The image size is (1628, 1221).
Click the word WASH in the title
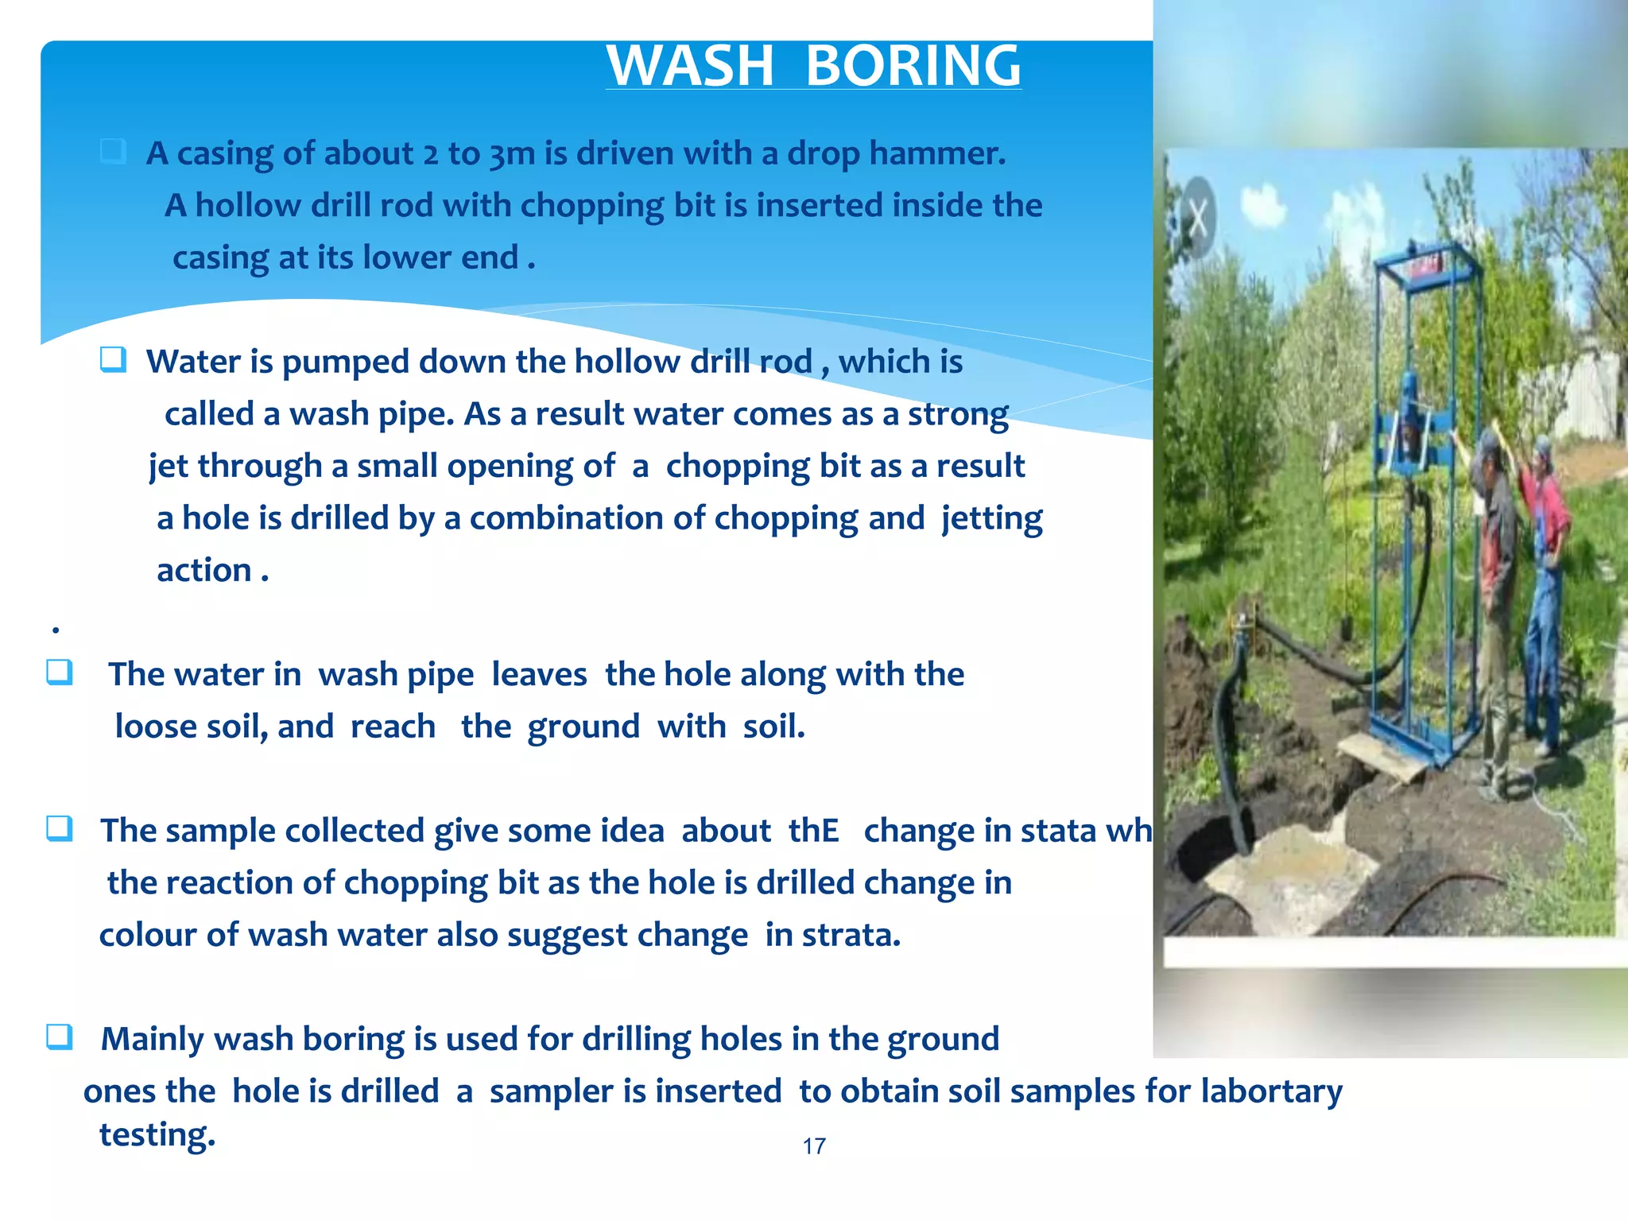689,65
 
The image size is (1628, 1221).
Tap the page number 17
814,1146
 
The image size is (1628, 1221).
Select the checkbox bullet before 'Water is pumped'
112,360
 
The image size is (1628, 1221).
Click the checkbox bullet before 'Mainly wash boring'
60,1037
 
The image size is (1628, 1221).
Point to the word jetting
992,519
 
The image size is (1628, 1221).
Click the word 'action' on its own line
204,571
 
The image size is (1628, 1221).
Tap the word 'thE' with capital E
813,831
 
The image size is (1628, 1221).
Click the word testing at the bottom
157,1134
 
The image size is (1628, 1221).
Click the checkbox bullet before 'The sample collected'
60,829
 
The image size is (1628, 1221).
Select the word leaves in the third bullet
539,675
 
